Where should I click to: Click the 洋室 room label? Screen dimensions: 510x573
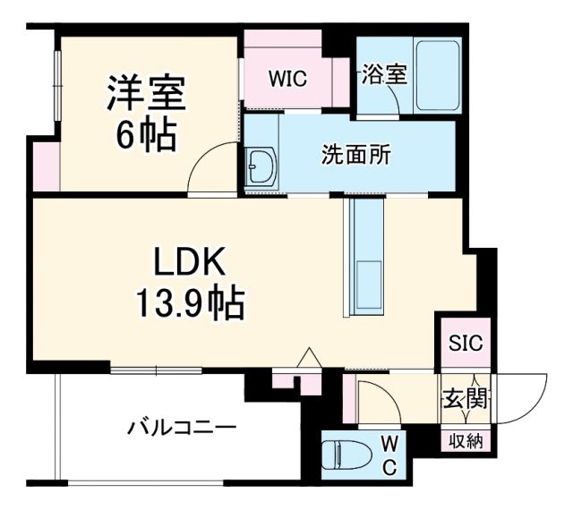tap(146, 93)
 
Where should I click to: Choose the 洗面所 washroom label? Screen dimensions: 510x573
tap(356, 155)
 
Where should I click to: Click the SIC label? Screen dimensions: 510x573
tap(465, 343)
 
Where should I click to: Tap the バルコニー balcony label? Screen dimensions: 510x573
tap(181, 427)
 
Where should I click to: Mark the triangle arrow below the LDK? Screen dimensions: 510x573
tap(309, 357)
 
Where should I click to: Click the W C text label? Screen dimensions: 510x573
tap(390, 454)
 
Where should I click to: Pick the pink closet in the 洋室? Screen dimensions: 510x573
tap(46, 165)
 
